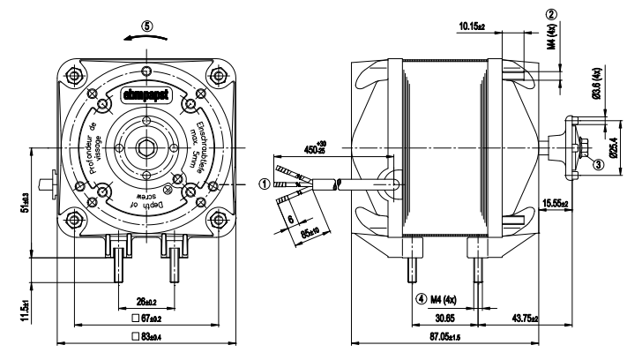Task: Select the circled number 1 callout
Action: click(263, 184)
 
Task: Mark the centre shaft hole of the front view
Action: click(146, 144)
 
